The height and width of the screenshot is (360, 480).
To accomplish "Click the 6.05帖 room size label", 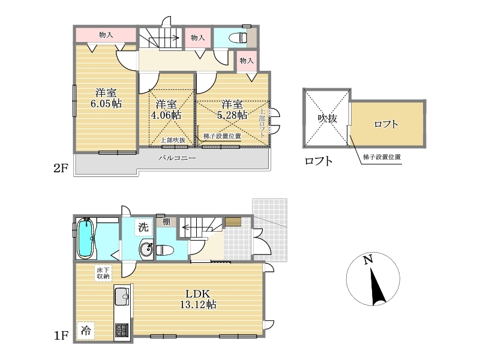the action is point(106,103).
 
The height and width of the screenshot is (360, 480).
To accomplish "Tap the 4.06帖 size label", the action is point(166,115).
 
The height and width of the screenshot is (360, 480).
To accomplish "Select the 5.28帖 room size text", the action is point(232,115).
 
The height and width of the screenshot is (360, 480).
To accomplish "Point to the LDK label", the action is point(198,294).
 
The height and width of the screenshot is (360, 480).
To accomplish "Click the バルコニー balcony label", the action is point(177,158).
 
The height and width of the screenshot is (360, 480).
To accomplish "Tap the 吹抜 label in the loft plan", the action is point(327,118).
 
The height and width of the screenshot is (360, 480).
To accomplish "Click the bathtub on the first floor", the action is point(85,238).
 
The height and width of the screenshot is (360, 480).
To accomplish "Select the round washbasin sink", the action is point(146,249).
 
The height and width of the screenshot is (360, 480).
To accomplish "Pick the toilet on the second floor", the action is point(238,38).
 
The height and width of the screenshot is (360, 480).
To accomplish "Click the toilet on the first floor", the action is point(165,250).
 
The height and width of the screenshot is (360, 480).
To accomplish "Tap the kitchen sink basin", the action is point(122,296).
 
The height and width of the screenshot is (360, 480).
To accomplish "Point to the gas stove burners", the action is point(122,331).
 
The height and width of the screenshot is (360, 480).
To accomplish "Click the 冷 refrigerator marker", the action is point(85,331).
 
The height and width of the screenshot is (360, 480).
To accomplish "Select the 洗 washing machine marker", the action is point(143,227).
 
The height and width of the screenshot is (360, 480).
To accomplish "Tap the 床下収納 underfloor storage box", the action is point(103,273).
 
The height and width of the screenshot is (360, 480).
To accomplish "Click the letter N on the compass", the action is point(368,260).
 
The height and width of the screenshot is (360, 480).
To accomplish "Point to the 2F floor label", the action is point(61,168).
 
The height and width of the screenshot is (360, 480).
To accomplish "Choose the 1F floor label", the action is point(61,335).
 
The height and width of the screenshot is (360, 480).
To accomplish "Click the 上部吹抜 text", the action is point(173,140).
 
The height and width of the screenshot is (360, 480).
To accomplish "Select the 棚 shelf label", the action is point(166,221).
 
